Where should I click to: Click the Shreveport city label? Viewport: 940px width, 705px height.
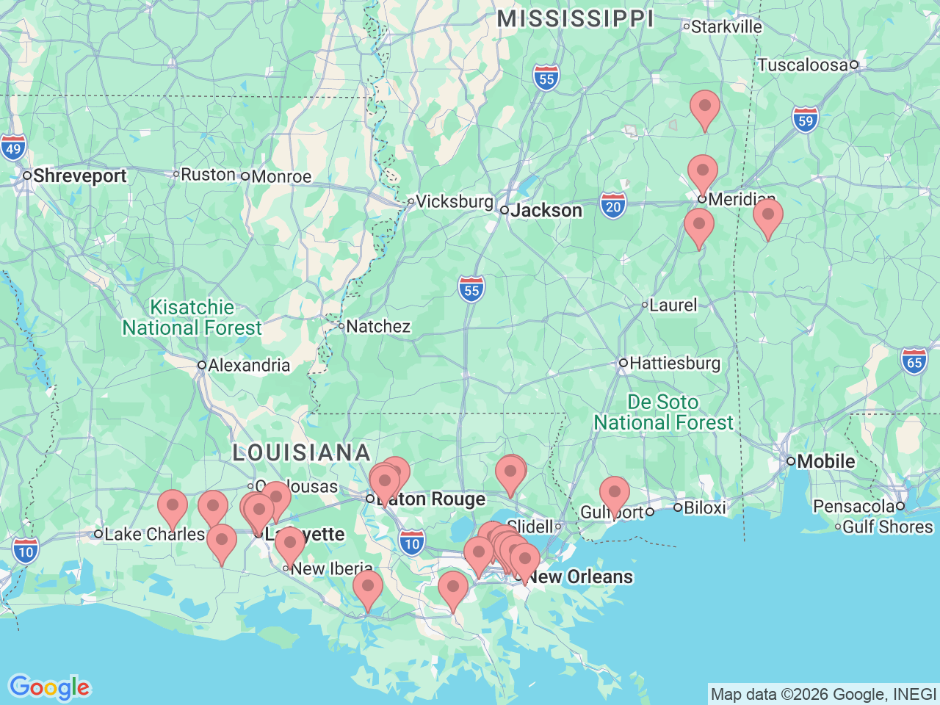pos(79,176)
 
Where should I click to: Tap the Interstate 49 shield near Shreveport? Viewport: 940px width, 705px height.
pos(12,148)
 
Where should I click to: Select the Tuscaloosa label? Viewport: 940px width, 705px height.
pos(803,65)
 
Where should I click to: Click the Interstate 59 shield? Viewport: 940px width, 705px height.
pos(806,120)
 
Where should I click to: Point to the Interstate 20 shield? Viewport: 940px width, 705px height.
pos(613,206)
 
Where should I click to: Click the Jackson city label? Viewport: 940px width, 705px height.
pos(546,211)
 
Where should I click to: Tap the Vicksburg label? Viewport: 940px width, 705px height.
pos(454,201)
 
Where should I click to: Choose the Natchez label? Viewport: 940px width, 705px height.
pos(377,326)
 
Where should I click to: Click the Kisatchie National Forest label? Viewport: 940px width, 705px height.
pos(192,317)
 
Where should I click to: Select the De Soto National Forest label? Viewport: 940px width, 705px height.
pos(663,412)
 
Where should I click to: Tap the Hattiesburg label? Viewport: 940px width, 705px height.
pos(674,363)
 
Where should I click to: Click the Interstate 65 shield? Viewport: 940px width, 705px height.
pos(914,361)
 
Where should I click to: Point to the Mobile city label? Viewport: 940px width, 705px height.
pos(825,461)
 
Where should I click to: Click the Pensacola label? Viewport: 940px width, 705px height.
pos(853,506)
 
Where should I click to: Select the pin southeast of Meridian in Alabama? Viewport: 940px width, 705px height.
pos(767,217)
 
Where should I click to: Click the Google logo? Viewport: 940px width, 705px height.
pos(49,687)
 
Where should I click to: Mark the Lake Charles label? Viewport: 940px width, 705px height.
pos(153,534)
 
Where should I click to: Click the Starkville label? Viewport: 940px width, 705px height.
pos(726,27)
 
